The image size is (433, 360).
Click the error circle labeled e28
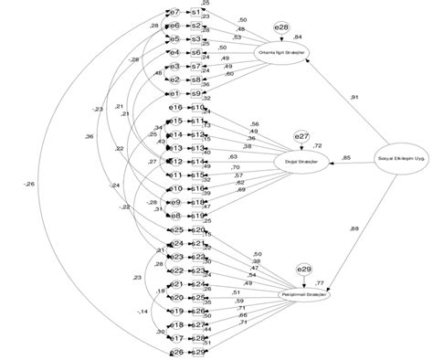[282, 29]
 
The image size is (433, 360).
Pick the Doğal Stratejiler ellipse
[301, 162]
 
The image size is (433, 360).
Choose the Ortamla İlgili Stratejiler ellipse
[284, 53]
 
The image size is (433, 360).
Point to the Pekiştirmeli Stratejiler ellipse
[303, 296]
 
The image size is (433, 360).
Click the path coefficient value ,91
[354, 97]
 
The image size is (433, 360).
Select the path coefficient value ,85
[346, 157]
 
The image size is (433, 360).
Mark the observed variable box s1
[196, 12]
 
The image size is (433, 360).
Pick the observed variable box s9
[196, 93]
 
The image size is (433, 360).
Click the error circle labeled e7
[174, 12]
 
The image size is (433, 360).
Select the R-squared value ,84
[299, 37]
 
